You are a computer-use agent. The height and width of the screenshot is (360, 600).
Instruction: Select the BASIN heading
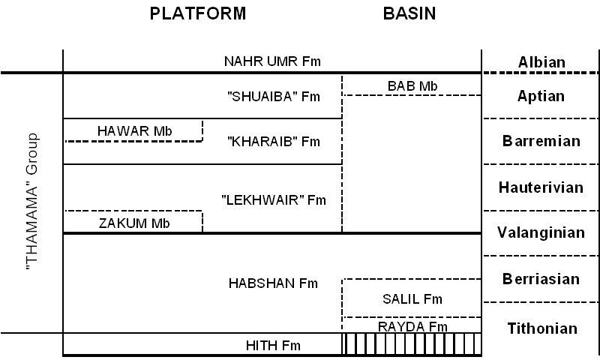click(x=409, y=13)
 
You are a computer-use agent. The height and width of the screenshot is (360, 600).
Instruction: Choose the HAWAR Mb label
click(x=135, y=131)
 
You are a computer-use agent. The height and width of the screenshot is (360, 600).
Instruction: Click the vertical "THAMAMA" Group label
click(x=32, y=202)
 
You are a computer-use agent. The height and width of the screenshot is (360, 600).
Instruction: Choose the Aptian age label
click(x=540, y=96)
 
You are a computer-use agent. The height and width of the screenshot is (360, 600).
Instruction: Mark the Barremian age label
click(x=540, y=141)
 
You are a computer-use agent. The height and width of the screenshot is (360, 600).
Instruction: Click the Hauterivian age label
click(x=540, y=187)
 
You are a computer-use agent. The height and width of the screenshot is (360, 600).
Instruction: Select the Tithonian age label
click(x=540, y=328)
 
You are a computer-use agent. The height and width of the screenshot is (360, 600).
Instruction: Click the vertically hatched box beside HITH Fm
click(x=412, y=344)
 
